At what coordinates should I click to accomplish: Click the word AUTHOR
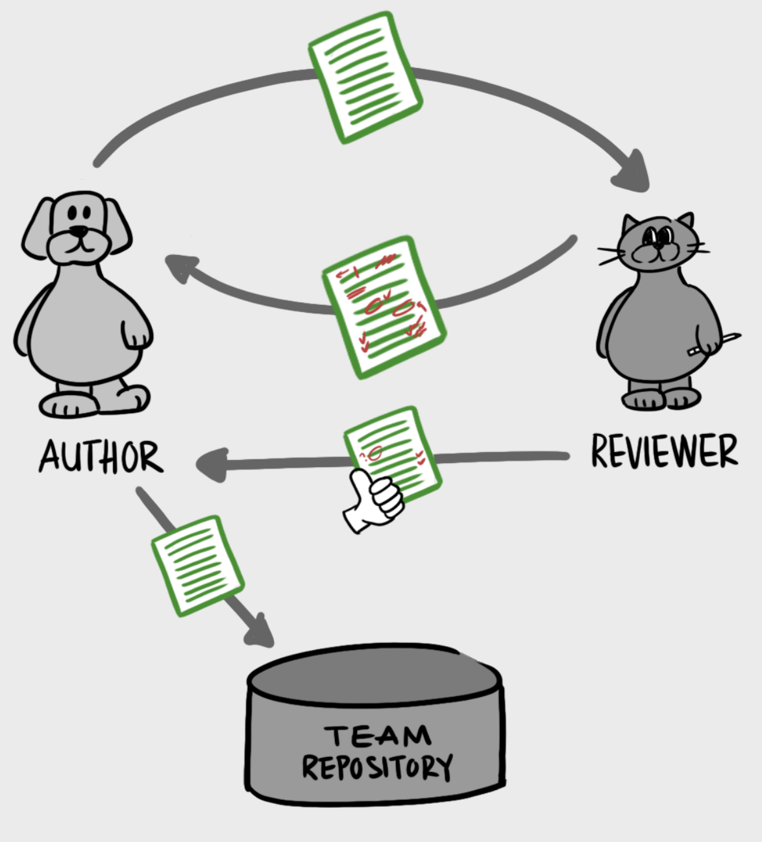click(101, 456)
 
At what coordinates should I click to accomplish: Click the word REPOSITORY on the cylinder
click(377, 767)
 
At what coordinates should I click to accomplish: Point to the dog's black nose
click(79, 231)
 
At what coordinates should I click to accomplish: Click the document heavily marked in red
click(383, 307)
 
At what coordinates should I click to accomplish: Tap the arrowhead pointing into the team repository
click(260, 632)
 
